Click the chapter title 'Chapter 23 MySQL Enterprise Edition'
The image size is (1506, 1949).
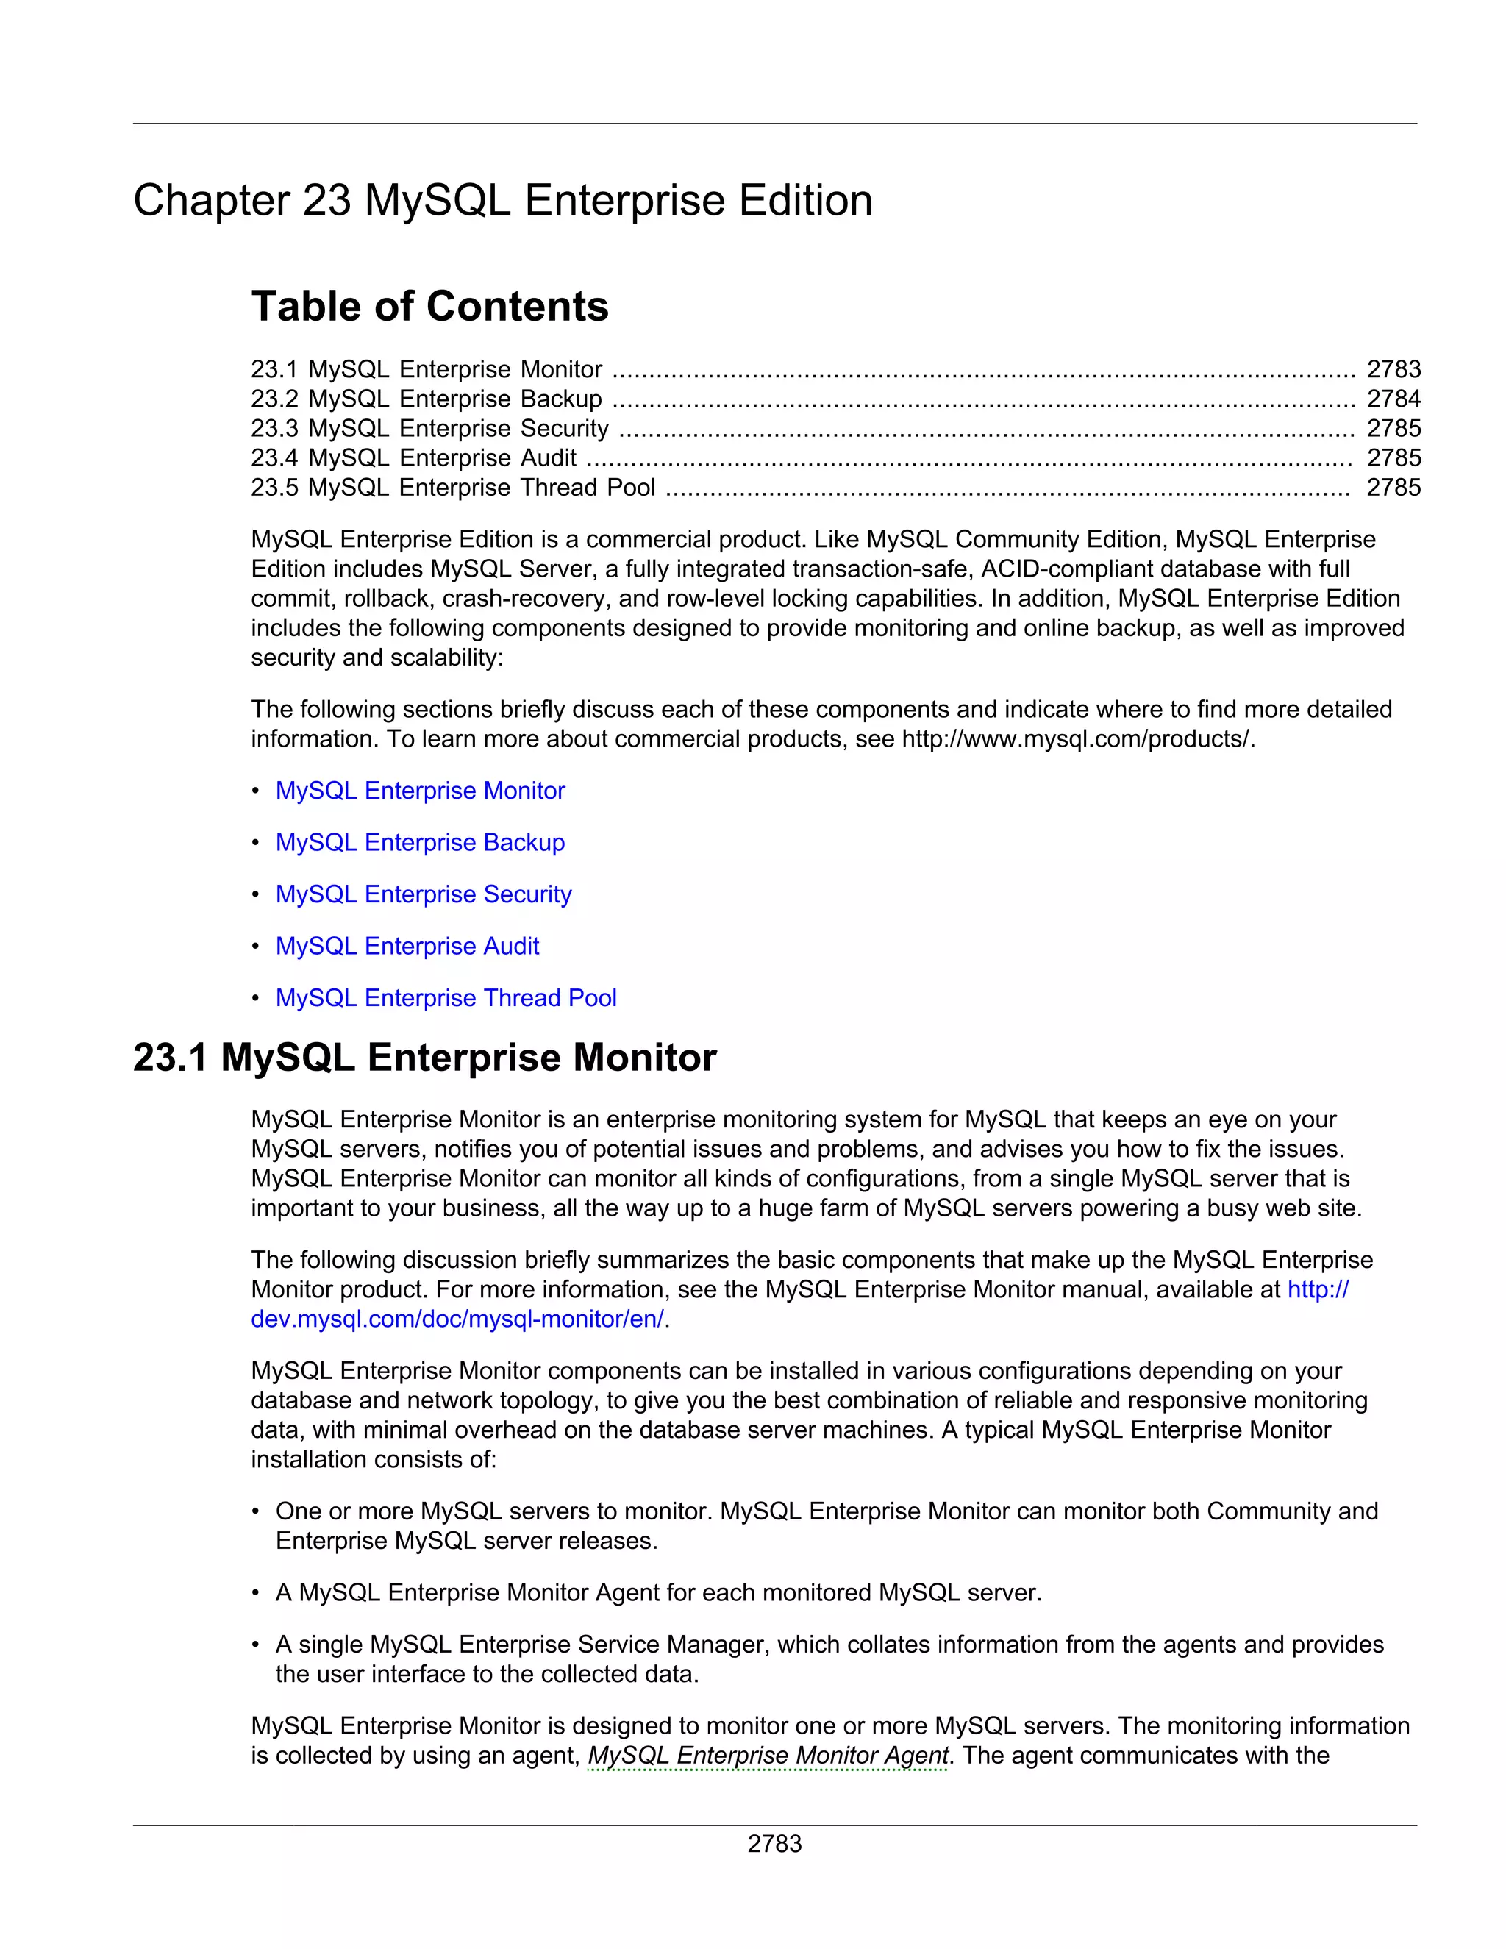point(502,200)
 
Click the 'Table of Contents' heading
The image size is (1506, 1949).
point(429,306)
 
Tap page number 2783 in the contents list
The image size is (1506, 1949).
point(1393,369)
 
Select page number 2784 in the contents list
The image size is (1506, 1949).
point(1393,399)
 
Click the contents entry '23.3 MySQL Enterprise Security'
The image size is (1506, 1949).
point(429,428)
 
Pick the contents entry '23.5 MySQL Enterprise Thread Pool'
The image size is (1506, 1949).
point(452,487)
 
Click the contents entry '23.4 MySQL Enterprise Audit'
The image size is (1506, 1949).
point(413,457)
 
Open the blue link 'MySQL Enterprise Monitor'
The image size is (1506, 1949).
point(419,791)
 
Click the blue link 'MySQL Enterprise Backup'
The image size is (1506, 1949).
point(419,842)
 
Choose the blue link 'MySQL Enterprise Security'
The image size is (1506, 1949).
point(423,894)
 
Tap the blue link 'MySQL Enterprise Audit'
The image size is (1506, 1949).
point(407,946)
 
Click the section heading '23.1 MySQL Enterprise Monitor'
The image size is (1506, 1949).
point(425,1058)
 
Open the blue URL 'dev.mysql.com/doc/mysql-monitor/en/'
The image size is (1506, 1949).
point(457,1319)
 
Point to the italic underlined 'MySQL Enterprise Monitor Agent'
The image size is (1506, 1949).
point(767,1756)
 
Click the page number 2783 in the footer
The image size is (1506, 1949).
point(774,1844)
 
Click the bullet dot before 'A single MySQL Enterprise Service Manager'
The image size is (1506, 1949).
point(256,1644)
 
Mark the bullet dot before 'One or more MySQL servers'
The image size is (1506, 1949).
point(256,1511)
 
